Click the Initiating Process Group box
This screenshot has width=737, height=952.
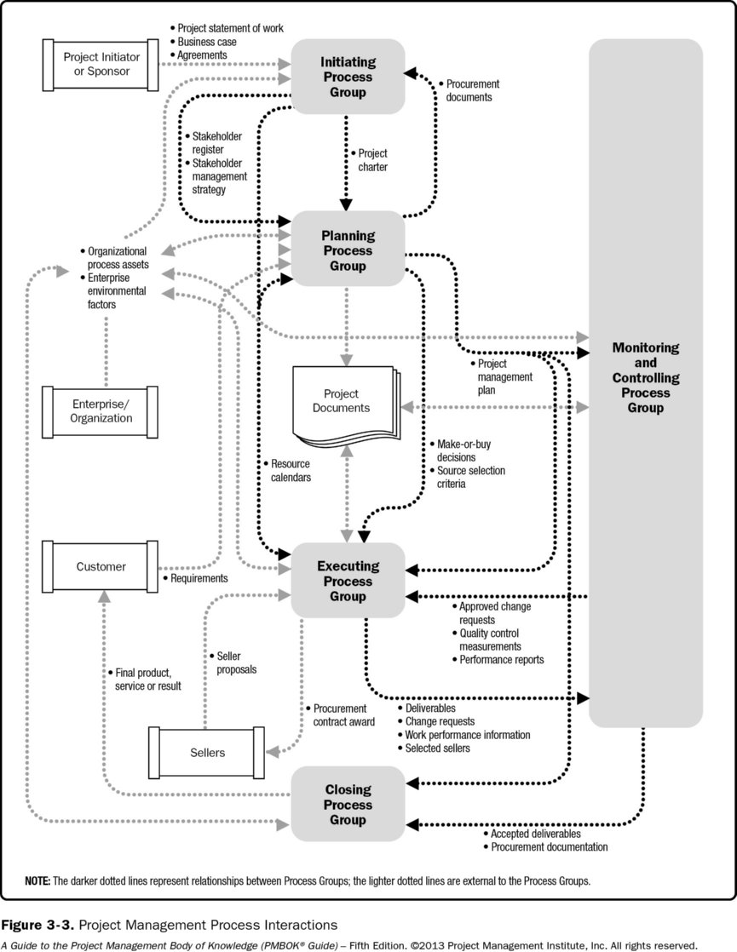(x=347, y=77)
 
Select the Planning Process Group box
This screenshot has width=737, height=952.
(x=347, y=250)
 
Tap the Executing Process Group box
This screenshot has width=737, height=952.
(x=347, y=582)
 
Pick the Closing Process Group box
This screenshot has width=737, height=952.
(x=347, y=805)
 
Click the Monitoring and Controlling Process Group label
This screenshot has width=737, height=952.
(x=645, y=378)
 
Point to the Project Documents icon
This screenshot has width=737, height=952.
(x=341, y=402)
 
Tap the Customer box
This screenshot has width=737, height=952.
(x=101, y=566)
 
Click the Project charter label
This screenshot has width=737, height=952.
(x=372, y=160)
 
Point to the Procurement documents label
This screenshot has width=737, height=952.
(x=469, y=90)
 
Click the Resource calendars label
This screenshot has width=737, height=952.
(x=290, y=470)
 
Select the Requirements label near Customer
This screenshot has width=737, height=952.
(x=199, y=578)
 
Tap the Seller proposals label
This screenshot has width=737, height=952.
(x=236, y=662)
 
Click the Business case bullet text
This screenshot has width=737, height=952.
(x=207, y=42)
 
